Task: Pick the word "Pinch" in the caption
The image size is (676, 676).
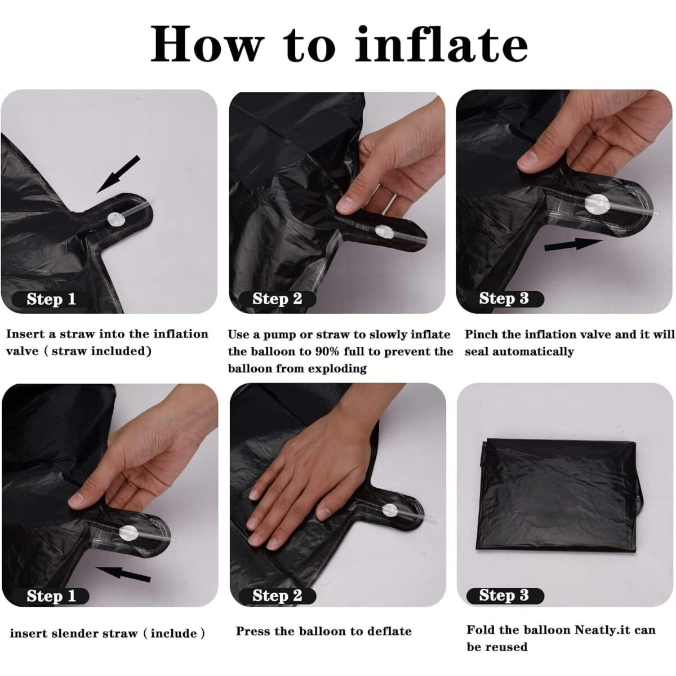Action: click(x=482, y=334)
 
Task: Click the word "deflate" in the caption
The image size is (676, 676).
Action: click(x=389, y=631)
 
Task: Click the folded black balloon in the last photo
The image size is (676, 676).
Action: click(x=561, y=501)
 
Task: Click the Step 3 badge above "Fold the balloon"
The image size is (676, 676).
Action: click(x=504, y=595)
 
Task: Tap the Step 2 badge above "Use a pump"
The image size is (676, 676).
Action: click(x=277, y=299)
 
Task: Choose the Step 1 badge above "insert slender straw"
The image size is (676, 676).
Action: click(x=51, y=596)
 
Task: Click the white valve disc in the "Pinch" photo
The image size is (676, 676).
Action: click(x=595, y=203)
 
